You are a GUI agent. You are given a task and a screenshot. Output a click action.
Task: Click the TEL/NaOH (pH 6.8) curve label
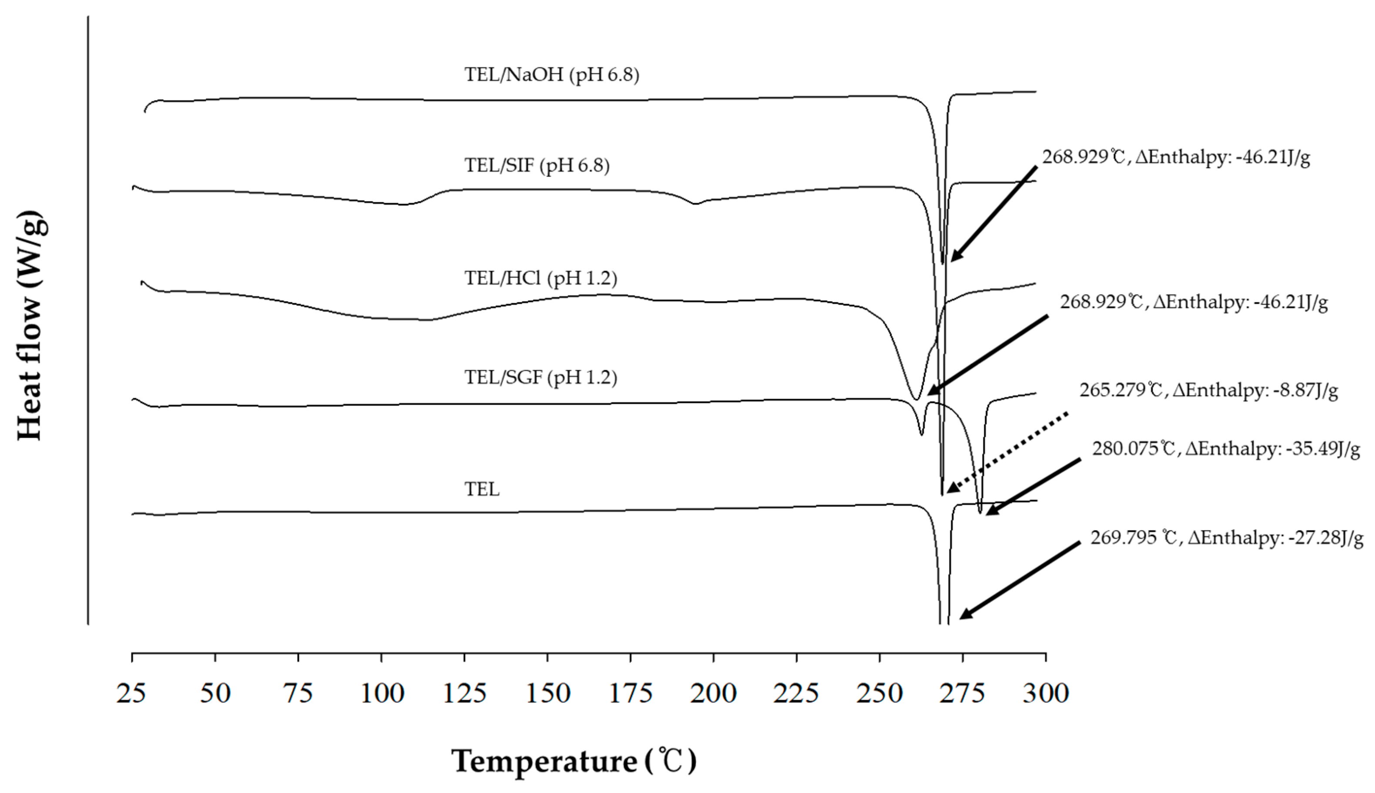(551, 74)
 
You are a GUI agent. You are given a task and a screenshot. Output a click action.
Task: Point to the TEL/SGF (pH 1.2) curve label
(540, 377)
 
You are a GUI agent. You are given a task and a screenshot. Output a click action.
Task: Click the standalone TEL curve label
(482, 489)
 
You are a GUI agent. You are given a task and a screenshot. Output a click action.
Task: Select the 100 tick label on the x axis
(382, 693)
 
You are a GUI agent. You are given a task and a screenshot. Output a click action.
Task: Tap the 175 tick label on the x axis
(630, 693)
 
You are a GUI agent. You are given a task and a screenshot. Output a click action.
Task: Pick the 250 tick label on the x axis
(879, 693)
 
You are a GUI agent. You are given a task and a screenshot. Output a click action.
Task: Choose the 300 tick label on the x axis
(1045, 693)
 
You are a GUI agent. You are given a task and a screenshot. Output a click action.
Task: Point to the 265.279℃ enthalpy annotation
(1208, 390)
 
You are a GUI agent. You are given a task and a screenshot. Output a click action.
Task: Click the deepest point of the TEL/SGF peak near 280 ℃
(980, 512)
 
